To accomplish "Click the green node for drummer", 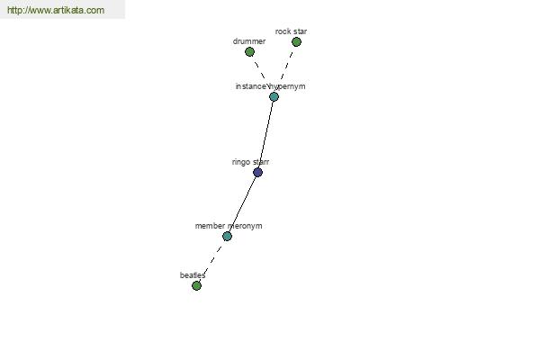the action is pyautogui.click(x=249, y=52).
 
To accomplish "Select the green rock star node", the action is pyautogui.click(x=296, y=42).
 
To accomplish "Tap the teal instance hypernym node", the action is pyautogui.click(x=274, y=97).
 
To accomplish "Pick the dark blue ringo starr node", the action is pyautogui.click(x=257, y=172).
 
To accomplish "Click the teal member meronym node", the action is pyautogui.click(x=227, y=236).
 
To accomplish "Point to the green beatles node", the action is pyautogui.click(x=196, y=285).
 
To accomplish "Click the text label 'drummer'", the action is pyautogui.click(x=249, y=41).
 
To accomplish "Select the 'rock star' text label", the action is pyautogui.click(x=291, y=31).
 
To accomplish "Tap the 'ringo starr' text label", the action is pyautogui.click(x=250, y=162).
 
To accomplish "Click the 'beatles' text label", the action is pyautogui.click(x=193, y=275).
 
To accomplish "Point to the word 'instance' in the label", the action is pyautogui.click(x=251, y=86).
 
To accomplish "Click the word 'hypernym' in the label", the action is pyautogui.click(x=287, y=86).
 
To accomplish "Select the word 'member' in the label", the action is pyautogui.click(x=210, y=226).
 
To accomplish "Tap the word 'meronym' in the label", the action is pyautogui.click(x=245, y=226).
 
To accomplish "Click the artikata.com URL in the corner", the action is pyautogui.click(x=56, y=10).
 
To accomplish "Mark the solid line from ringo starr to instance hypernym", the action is pyautogui.click(x=265, y=135).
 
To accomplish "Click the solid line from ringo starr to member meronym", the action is pyautogui.click(x=242, y=204).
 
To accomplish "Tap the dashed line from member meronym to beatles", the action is pyautogui.click(x=211, y=261).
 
